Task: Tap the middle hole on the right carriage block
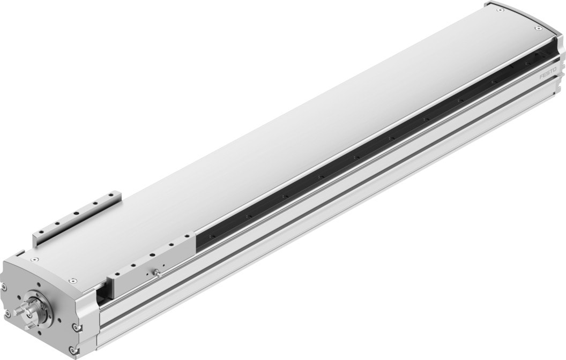[x=152, y=254]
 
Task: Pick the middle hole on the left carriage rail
[x=77, y=214]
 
